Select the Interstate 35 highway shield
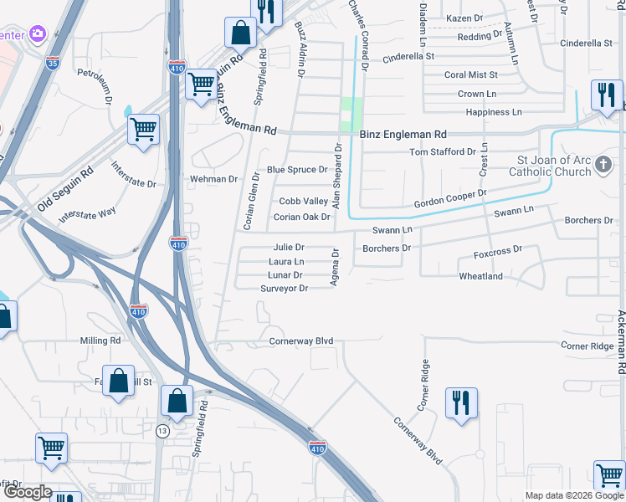53,62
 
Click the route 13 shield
162,430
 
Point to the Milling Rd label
100,341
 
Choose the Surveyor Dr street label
285,288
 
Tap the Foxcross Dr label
497,249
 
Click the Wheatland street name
480,276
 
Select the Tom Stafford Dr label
442,152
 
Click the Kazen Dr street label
465,18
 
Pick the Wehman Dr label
214,179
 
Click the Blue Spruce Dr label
297,169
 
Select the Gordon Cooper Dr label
450,199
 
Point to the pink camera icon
37,33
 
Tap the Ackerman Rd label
621,340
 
